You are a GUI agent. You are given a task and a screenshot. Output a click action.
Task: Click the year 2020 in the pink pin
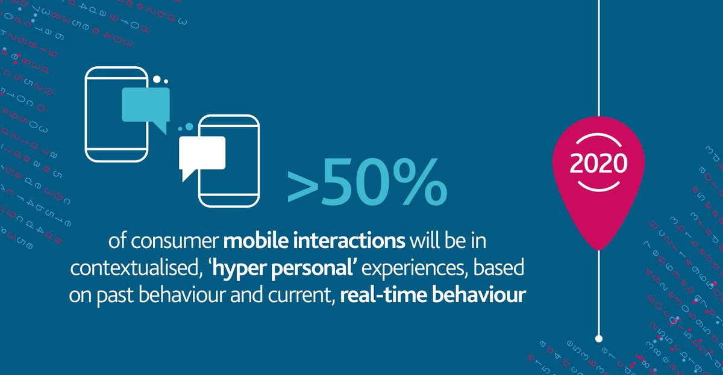click(599, 163)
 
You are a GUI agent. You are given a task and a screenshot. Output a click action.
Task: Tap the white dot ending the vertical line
click(598, 338)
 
